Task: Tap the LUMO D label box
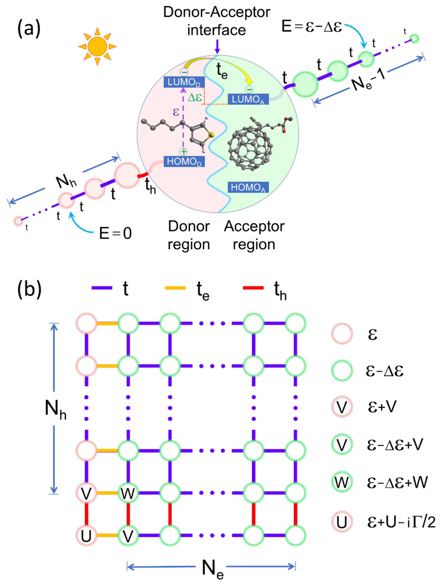(184, 82)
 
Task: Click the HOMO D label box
(184, 161)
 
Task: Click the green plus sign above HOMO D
(183, 152)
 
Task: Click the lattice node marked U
(86, 536)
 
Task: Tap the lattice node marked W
(128, 493)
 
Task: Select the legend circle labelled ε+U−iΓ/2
(342, 522)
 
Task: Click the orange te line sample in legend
(175, 288)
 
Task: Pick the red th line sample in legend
(253, 288)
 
